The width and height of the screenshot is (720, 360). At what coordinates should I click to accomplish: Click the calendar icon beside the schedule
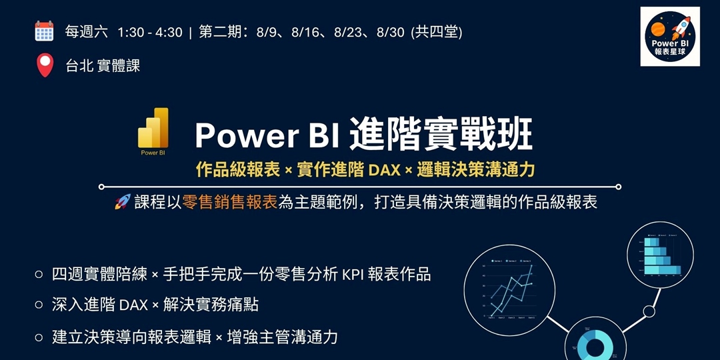tap(44, 31)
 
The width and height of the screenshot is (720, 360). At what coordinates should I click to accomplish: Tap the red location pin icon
tap(44, 65)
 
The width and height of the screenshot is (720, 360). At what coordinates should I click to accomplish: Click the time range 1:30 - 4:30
tap(149, 32)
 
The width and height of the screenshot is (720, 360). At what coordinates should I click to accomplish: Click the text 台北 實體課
tap(103, 65)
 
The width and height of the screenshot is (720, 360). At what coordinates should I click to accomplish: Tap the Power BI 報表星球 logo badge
tap(669, 37)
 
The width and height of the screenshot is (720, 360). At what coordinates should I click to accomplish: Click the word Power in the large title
tap(243, 136)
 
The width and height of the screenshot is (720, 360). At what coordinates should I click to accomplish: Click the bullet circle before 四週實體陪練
tap(39, 274)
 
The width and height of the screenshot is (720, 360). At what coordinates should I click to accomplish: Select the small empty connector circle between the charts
tap(649, 311)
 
